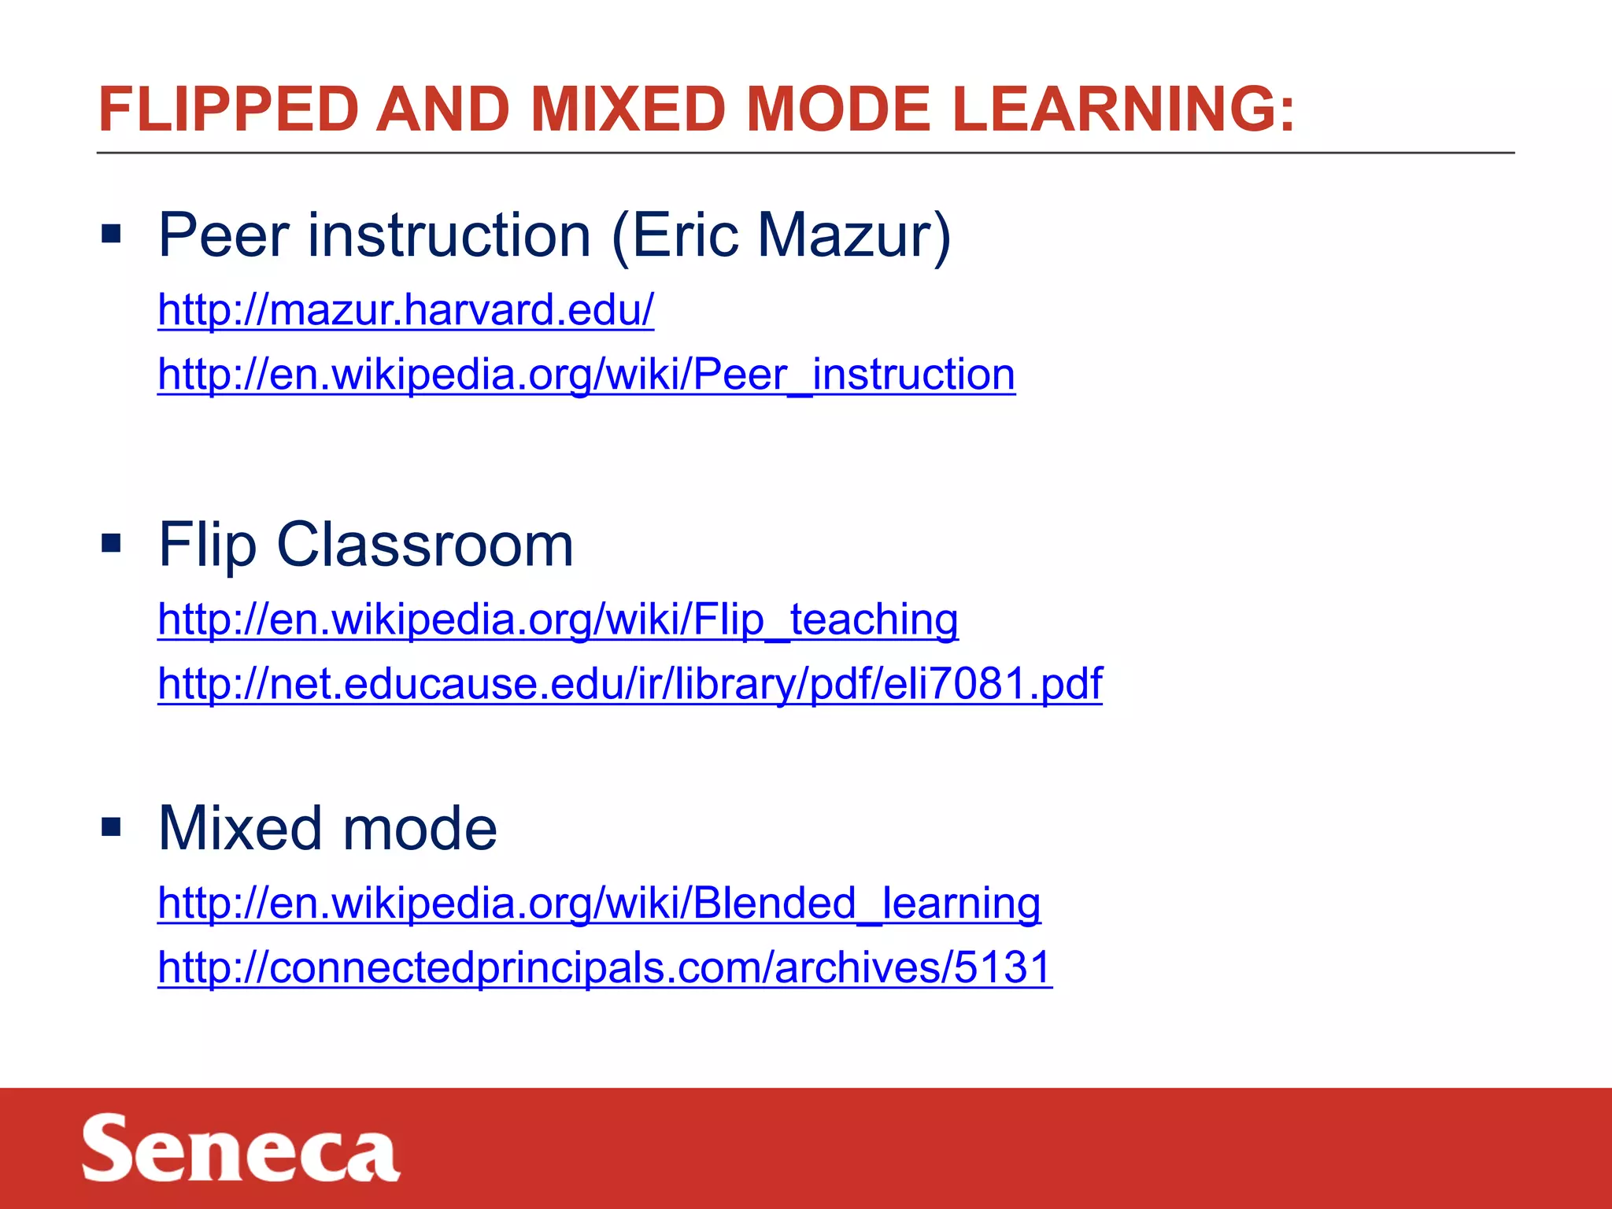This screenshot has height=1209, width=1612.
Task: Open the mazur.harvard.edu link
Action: [405, 309]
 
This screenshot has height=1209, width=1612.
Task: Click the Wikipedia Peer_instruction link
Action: [586, 374]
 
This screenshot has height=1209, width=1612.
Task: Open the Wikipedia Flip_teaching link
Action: [557, 619]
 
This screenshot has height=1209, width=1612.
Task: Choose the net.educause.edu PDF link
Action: [630, 683]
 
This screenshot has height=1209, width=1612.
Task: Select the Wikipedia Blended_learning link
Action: [598, 902]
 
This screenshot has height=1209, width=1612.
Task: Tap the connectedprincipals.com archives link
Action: [604, 967]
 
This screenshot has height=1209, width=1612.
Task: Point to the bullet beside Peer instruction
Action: [111, 234]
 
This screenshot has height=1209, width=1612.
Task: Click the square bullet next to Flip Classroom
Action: [111, 543]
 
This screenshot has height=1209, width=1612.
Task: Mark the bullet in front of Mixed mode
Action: [111, 826]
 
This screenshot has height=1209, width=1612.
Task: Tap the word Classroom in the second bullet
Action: [425, 545]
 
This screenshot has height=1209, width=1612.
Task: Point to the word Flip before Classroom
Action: [207, 545]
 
